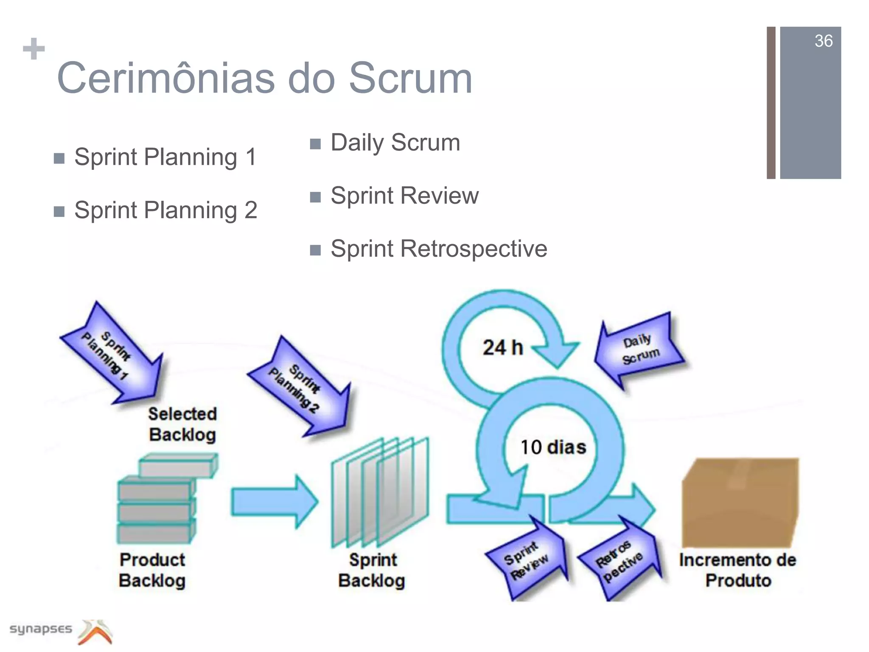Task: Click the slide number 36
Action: click(823, 41)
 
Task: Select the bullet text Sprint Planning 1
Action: click(165, 157)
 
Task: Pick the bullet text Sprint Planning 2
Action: click(165, 210)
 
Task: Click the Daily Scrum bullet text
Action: click(395, 143)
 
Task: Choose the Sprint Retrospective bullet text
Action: click(438, 249)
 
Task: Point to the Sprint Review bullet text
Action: click(404, 196)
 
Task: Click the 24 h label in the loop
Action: click(503, 348)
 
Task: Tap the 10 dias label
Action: click(553, 447)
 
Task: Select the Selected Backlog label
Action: click(182, 424)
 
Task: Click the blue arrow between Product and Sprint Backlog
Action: click(274, 502)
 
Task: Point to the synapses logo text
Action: click(41, 629)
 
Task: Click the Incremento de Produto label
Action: click(737, 570)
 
